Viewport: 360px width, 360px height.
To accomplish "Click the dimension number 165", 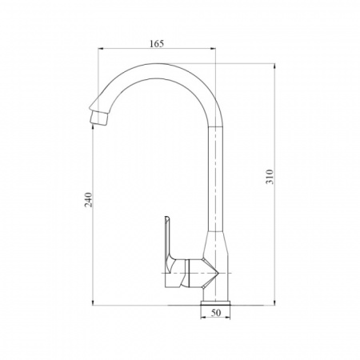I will (157, 44).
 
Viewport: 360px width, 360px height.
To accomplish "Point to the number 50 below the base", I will (215, 314).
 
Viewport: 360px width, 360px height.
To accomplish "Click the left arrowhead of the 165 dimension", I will (100, 50).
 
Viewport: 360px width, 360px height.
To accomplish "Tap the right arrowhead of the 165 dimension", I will (214, 50).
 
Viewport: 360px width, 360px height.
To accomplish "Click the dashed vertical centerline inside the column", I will (216, 184).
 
